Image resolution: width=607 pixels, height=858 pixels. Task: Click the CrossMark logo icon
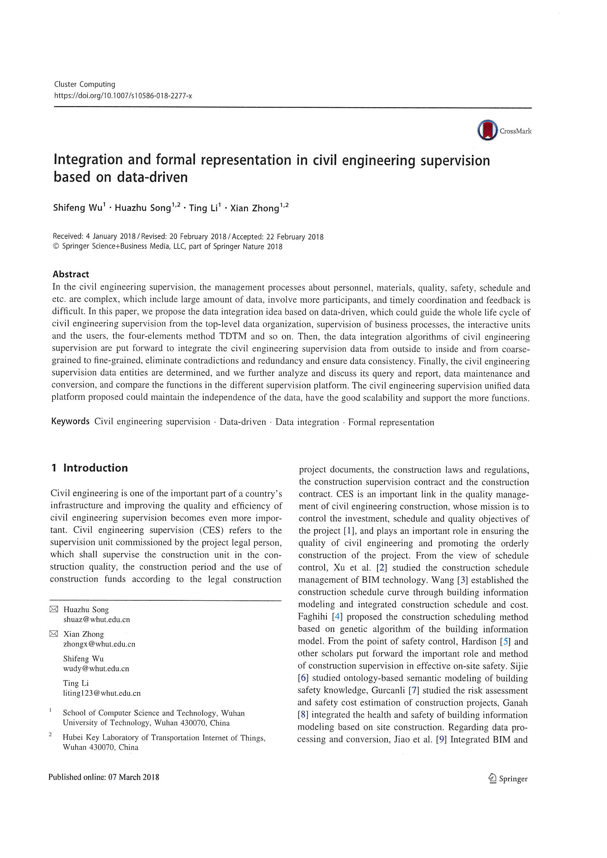coord(487,130)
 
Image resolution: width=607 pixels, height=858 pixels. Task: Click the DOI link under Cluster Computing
coord(123,96)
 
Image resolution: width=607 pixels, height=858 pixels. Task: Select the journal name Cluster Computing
coord(84,84)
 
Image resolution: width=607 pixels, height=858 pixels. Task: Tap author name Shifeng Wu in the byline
coord(77,208)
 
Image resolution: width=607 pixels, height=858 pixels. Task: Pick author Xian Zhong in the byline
coord(255,208)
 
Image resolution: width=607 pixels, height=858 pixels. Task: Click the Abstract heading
coord(71,274)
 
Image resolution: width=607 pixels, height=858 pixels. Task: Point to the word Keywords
coord(70,421)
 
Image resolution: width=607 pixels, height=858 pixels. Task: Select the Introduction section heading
coord(95,468)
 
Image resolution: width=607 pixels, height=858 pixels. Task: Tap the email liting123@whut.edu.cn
coord(102,693)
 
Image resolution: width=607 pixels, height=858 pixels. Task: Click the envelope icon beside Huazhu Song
coord(54,609)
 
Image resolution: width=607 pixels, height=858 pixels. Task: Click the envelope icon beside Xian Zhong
coord(54,634)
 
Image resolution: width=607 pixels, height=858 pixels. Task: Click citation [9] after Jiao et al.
coord(441,739)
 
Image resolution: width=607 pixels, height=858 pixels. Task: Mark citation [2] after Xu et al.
coord(382,568)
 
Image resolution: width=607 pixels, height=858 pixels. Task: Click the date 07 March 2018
coord(134,777)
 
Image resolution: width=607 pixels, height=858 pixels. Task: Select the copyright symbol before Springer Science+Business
coord(56,246)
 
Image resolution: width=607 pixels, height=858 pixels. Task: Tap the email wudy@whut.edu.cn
coord(96,669)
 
